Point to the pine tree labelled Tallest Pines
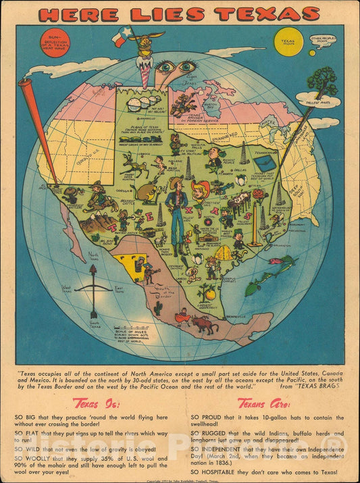point(327,82)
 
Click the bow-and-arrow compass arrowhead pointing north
point(93,270)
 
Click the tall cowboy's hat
point(176,183)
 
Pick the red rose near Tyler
point(257,195)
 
